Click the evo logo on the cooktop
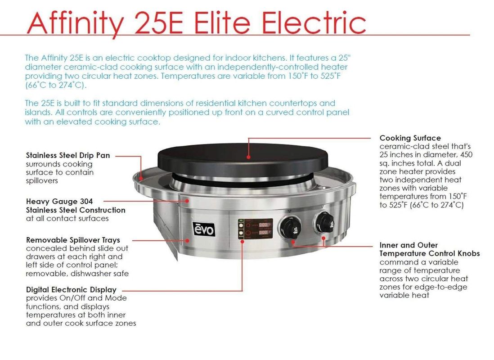204,229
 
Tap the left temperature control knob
290,227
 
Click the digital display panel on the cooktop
255,229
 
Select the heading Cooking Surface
410,138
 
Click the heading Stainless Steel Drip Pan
68,155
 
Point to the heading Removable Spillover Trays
73,240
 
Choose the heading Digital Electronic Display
71,290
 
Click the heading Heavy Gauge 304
59,202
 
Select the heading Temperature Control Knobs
429,253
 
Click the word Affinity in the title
75,23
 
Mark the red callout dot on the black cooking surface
249,157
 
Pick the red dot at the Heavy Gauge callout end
187,201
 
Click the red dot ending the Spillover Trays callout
188,241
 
